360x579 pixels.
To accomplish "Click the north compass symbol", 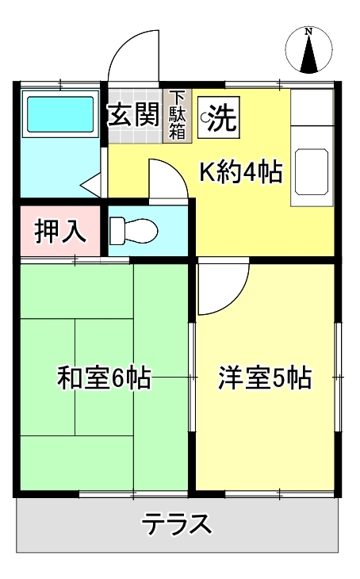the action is pos(309,50).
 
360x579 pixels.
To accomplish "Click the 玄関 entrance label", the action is pos(134,114).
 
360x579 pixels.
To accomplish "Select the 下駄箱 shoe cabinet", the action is pos(178,116).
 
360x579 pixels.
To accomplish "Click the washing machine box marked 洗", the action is pos(219,117).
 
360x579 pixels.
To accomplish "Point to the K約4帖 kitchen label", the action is pos(241,171).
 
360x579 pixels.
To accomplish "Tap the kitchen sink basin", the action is pos(312,171).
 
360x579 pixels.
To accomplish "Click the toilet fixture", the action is pos(134,231).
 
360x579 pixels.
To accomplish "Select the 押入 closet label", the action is pos(60,232).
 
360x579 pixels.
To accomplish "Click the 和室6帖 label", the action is pos(104,377).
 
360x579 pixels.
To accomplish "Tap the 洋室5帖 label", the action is pos(265,378).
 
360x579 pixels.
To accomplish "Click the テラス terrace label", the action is pos(178,523).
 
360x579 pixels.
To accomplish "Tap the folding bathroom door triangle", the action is pos(91,183).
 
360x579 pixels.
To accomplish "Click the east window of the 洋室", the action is pos(338,377).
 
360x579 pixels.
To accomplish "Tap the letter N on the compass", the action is pos(308,32).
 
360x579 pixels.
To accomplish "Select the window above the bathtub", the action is pos(59,85).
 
